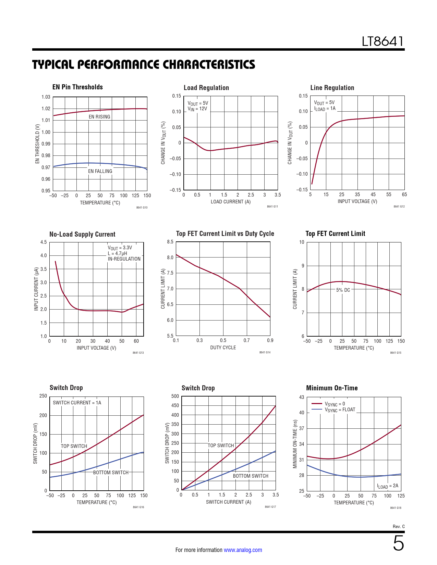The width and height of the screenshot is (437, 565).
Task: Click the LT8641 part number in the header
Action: [x=383, y=41]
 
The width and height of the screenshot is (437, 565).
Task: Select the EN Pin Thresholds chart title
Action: [x=77, y=87]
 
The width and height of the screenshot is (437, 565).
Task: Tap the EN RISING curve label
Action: [x=99, y=117]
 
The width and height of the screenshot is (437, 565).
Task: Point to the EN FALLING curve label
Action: [x=100, y=171]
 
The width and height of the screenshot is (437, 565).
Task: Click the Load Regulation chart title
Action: [x=206, y=88]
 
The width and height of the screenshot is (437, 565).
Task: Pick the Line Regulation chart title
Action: [x=332, y=88]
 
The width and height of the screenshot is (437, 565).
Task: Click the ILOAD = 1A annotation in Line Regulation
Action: [x=325, y=109]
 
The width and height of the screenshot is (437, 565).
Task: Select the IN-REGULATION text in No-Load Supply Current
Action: [x=124, y=259]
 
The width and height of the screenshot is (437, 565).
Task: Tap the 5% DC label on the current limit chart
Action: [x=343, y=290]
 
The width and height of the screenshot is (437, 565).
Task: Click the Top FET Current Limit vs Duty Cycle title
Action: [x=225, y=234]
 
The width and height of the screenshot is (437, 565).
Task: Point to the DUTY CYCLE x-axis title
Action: [x=223, y=348]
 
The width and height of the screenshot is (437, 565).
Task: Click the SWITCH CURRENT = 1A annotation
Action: [x=77, y=403]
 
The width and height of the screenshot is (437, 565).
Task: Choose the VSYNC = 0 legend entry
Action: [x=335, y=404]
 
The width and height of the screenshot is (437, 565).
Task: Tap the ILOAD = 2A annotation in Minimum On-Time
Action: [x=388, y=486]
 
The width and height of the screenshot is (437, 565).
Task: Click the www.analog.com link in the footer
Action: [x=243, y=550]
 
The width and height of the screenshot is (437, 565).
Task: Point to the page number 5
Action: [x=398, y=543]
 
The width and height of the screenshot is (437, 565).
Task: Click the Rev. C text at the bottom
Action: [x=399, y=527]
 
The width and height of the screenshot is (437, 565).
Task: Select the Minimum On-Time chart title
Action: [x=332, y=388]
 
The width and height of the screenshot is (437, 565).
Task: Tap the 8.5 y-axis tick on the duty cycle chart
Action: [x=170, y=242]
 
